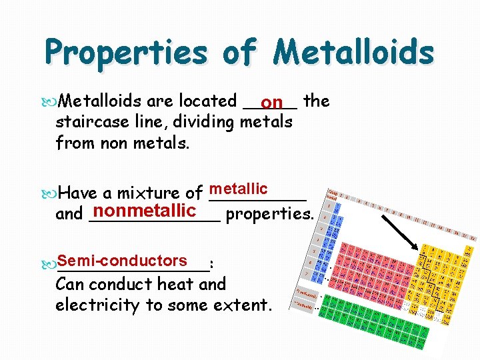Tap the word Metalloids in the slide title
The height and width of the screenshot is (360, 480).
point(353,52)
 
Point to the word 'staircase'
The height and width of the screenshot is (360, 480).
point(91,123)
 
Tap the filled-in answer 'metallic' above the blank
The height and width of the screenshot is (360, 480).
point(238,189)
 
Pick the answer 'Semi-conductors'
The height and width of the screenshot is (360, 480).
point(122,261)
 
